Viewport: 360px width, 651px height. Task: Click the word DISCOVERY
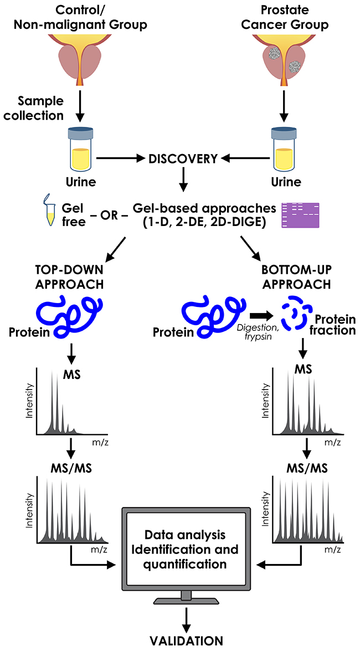pyautogui.click(x=182, y=158)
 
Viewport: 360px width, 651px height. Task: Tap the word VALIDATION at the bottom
pyautogui.click(x=186, y=641)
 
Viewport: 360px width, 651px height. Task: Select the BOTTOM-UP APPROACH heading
pyautogui.click(x=296, y=274)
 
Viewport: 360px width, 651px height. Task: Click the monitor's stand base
pyautogui.click(x=186, y=601)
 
